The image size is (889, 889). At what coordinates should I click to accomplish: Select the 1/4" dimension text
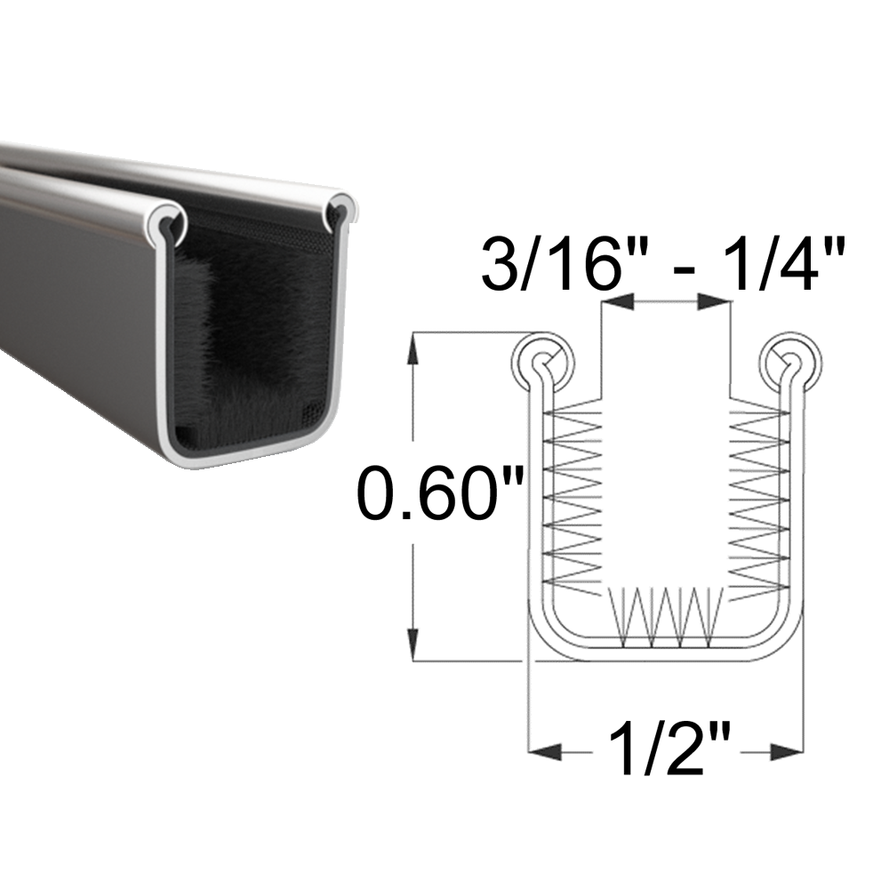[x=777, y=262]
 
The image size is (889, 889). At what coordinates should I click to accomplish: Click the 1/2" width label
[x=666, y=751]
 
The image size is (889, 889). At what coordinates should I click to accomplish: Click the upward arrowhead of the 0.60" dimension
[x=412, y=348]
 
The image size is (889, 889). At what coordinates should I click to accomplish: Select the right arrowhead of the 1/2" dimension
[x=787, y=752]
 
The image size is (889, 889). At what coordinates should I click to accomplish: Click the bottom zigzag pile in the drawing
[x=667, y=617]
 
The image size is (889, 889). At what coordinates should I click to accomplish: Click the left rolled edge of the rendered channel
[x=168, y=221]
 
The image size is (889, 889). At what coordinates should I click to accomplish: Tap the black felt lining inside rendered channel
[x=258, y=338]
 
